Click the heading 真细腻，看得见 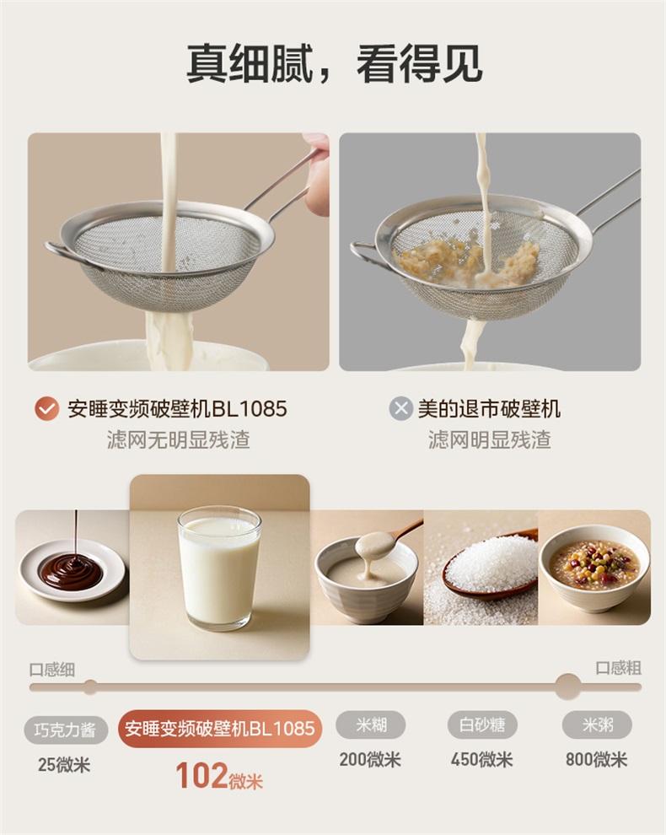point(335,64)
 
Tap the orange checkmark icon point(47,409)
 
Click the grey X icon point(401,408)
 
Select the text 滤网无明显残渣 point(179,440)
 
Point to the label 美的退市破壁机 point(489,409)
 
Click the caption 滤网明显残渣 point(490,440)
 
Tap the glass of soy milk point(219,568)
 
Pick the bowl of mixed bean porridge point(594,568)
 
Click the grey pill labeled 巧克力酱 point(66,730)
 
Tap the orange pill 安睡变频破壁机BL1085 point(220,729)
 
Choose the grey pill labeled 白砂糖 point(482,725)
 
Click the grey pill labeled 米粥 point(598,725)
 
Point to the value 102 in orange point(201,776)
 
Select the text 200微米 point(371,759)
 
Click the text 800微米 point(597,759)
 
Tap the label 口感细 point(52,670)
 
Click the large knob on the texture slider point(567,687)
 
